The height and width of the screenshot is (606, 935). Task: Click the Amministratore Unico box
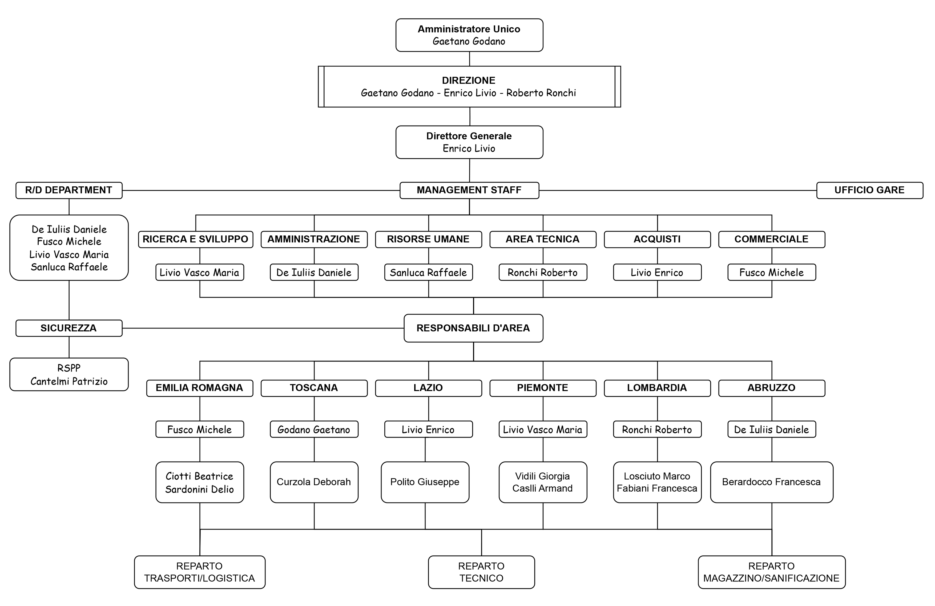coord(469,35)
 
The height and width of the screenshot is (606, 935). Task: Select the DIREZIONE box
coord(469,86)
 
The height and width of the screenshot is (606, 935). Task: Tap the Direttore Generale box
coord(469,142)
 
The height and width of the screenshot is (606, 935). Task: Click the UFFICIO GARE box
coord(870,190)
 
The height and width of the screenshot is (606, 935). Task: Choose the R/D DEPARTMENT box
coord(69,190)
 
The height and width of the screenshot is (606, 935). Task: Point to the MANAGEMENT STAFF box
coord(469,190)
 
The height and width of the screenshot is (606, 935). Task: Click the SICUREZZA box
coord(69,328)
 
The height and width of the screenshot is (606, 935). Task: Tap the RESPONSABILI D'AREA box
coord(473,328)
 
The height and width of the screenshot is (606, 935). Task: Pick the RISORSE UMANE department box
coord(428,239)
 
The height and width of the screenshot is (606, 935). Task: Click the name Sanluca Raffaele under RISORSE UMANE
coord(428,272)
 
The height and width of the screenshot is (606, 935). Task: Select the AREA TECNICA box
coord(543,239)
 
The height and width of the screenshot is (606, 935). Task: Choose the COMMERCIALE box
coord(772,239)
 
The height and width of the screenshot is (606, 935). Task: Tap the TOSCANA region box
coord(314,388)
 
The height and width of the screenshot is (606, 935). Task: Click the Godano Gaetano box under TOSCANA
coord(314,429)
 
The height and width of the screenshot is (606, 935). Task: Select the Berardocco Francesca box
coord(772,482)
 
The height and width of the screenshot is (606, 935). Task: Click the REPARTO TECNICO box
coord(481,572)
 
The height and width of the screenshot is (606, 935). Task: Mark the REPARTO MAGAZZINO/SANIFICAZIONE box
coord(772,572)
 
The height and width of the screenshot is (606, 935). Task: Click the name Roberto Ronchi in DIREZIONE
coord(541,93)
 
